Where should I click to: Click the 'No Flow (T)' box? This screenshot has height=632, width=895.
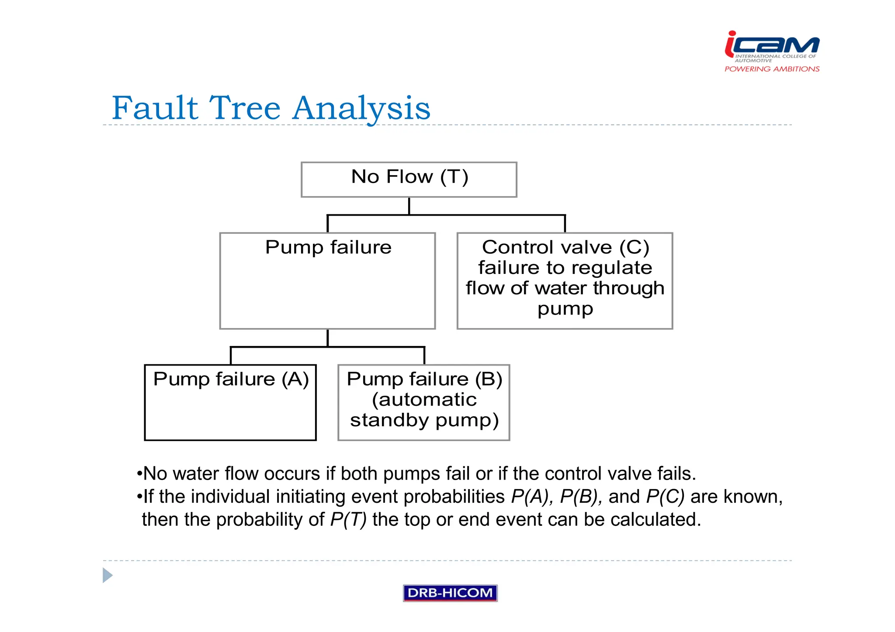[x=409, y=180]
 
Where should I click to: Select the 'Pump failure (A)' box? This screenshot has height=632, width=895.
[x=230, y=402]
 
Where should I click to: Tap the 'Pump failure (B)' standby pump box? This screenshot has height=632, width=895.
[x=423, y=402]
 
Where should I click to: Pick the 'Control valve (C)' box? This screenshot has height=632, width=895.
[x=565, y=280]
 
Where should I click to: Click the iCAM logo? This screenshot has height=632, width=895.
[x=772, y=45]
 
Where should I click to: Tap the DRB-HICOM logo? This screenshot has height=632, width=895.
[x=450, y=593]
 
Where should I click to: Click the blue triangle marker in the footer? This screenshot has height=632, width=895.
[x=108, y=575]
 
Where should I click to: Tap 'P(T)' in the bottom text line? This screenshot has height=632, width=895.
[x=348, y=520]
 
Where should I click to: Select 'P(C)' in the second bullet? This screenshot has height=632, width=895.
[x=665, y=497]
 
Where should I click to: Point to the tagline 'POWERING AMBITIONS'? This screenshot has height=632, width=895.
[x=772, y=69]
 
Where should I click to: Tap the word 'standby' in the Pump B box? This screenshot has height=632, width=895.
[x=389, y=420]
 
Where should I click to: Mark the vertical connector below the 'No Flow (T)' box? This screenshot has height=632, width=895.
[x=409, y=206]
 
